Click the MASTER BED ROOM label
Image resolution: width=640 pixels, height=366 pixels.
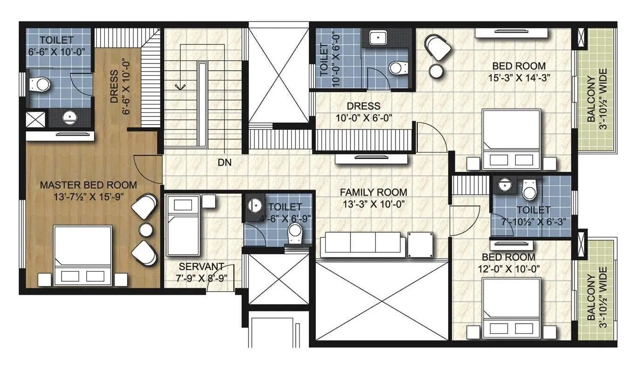88,185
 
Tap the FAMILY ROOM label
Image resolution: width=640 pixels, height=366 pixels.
373,192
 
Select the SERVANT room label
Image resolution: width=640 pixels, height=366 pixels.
202,266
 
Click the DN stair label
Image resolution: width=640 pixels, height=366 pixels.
225,163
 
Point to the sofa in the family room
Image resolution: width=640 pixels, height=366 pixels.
362,244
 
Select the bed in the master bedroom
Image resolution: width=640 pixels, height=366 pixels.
83,255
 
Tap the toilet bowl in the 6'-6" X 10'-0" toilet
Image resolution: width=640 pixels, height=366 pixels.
40,84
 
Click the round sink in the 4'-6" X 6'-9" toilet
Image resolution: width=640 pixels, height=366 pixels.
255,205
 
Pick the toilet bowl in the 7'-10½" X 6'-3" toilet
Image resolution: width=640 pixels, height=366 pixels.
530,190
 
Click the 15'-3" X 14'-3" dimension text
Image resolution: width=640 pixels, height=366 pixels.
518,78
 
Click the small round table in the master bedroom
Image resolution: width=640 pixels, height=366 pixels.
146,230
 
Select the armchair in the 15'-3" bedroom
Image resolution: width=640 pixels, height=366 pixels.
438,47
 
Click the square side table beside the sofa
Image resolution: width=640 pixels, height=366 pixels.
420,244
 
